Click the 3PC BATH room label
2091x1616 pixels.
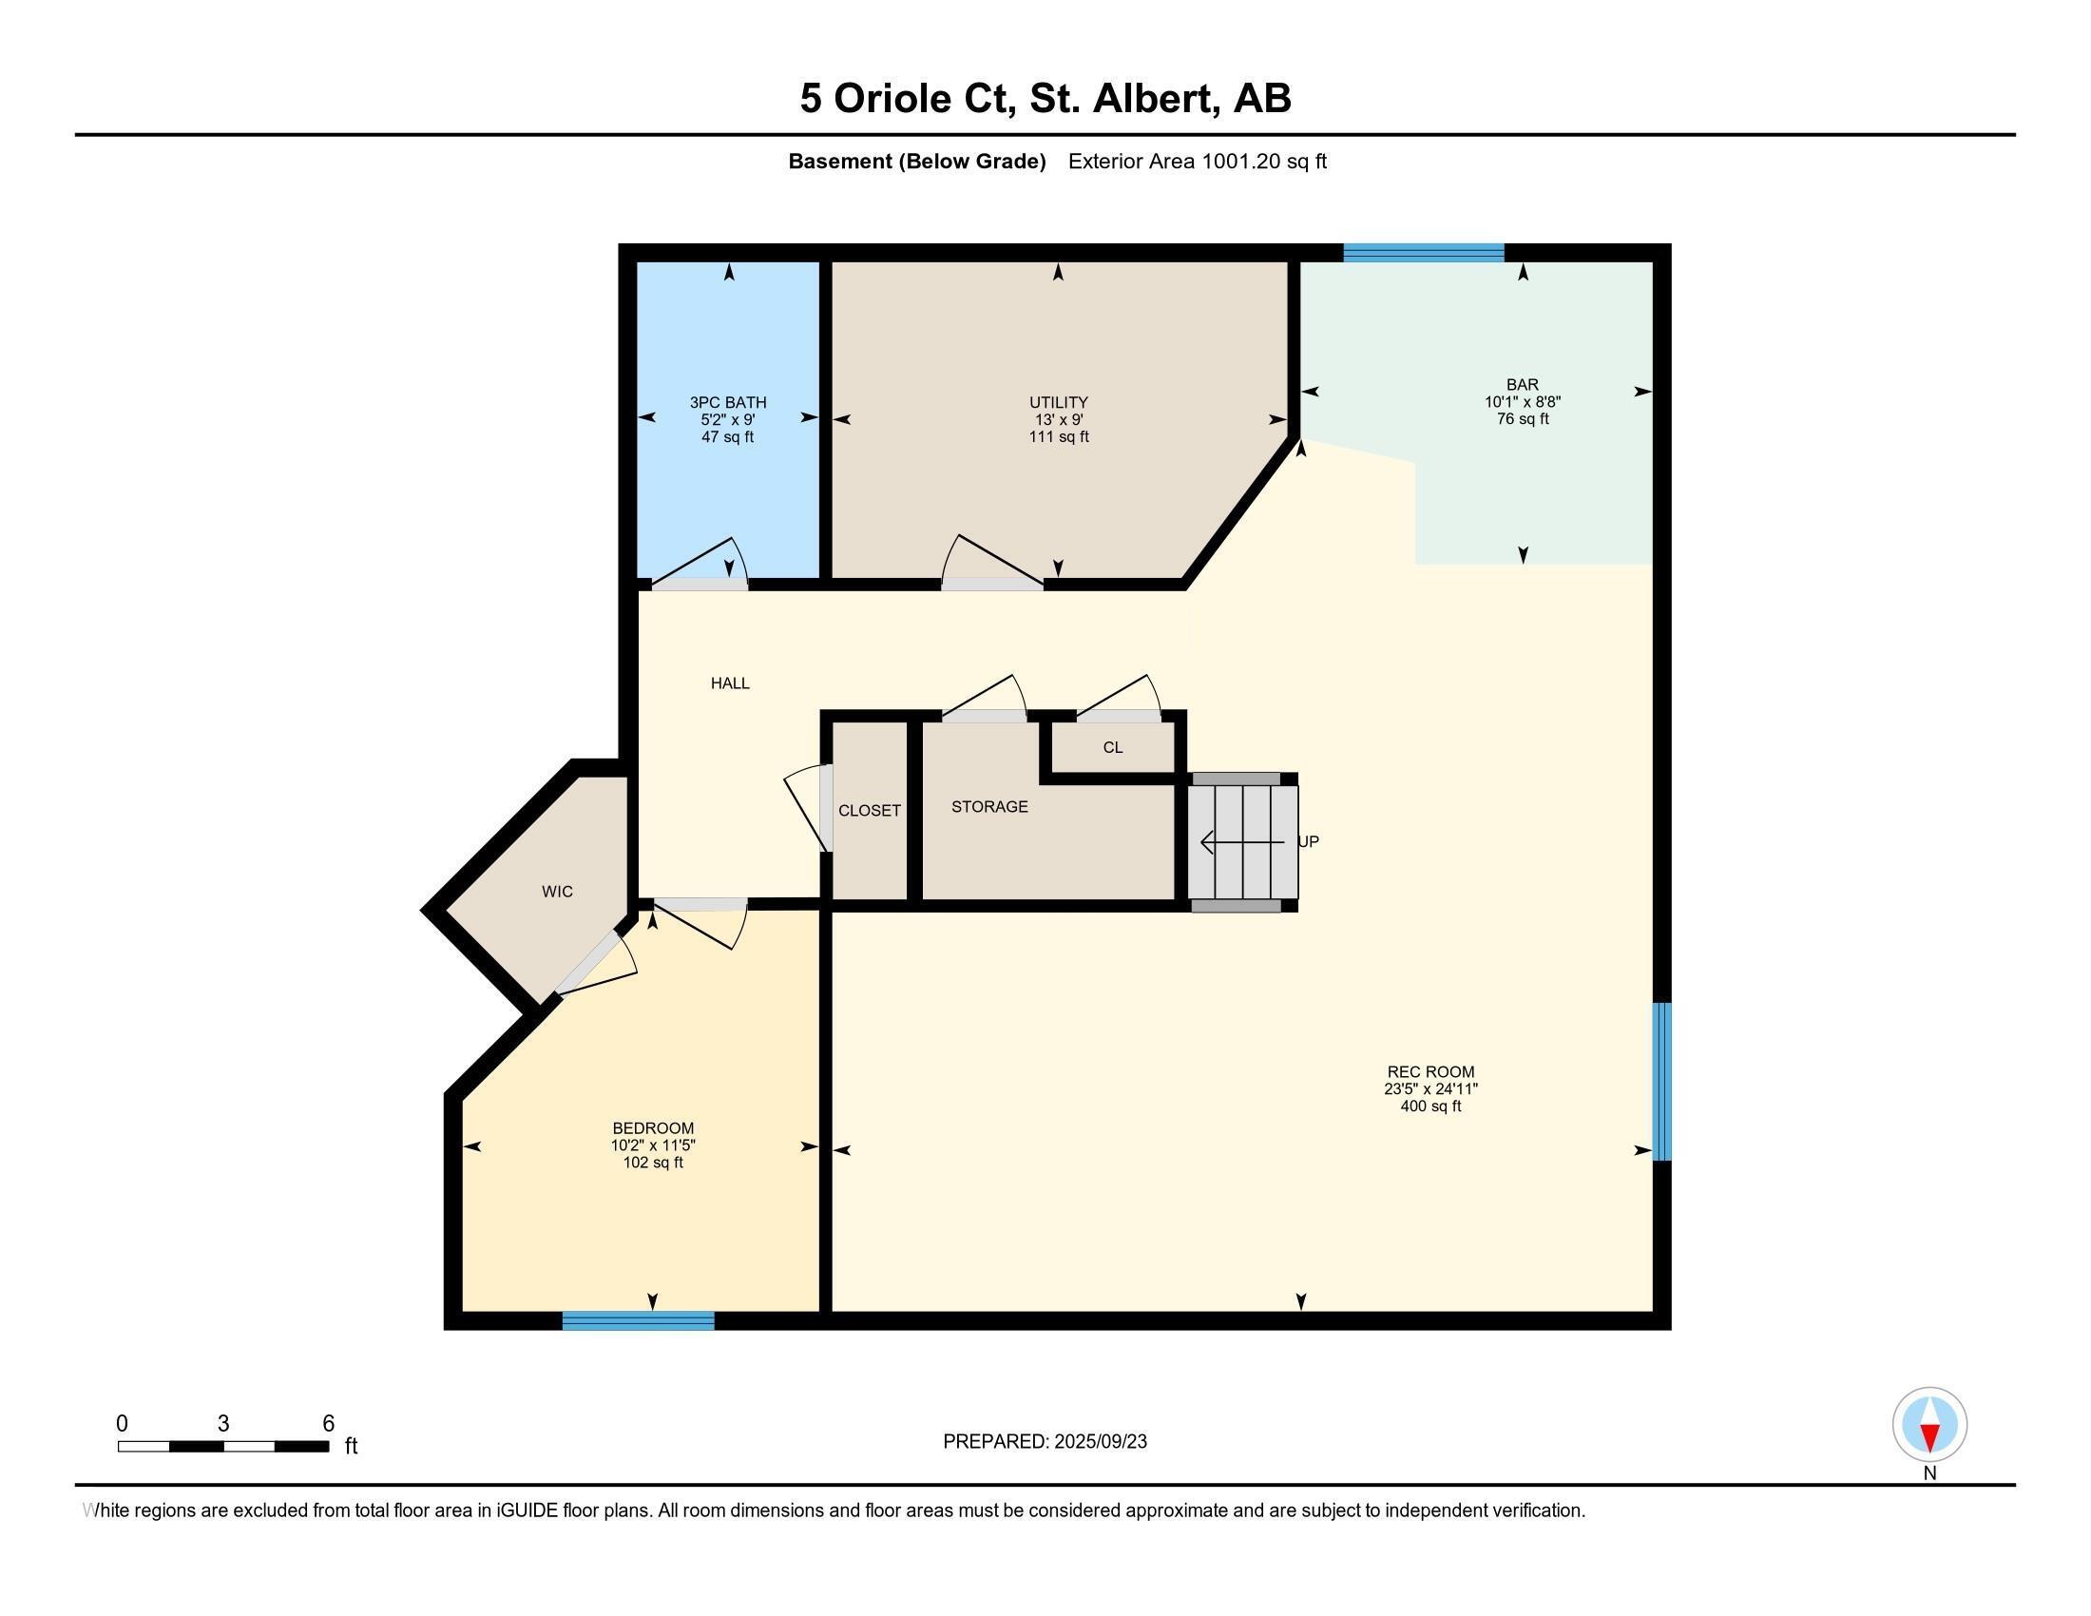point(728,402)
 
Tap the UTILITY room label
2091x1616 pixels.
point(1058,402)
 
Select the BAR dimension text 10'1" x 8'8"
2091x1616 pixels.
point(1523,402)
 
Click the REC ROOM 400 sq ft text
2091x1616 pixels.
point(1430,1106)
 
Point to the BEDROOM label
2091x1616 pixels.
point(653,1127)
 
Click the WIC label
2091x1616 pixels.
point(557,892)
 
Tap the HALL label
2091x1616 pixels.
point(730,683)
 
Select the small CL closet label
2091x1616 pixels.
point(1113,748)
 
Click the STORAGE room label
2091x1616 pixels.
point(989,807)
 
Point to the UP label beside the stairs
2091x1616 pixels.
point(1309,841)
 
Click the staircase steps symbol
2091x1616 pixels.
point(1242,841)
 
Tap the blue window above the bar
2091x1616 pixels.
point(1423,253)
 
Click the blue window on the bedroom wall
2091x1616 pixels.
point(638,1321)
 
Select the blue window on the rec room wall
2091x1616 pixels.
point(1663,1081)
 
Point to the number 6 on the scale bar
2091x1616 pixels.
point(329,1423)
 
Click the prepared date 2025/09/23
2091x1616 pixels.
point(1099,1442)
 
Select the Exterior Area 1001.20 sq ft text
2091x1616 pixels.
point(1197,161)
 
